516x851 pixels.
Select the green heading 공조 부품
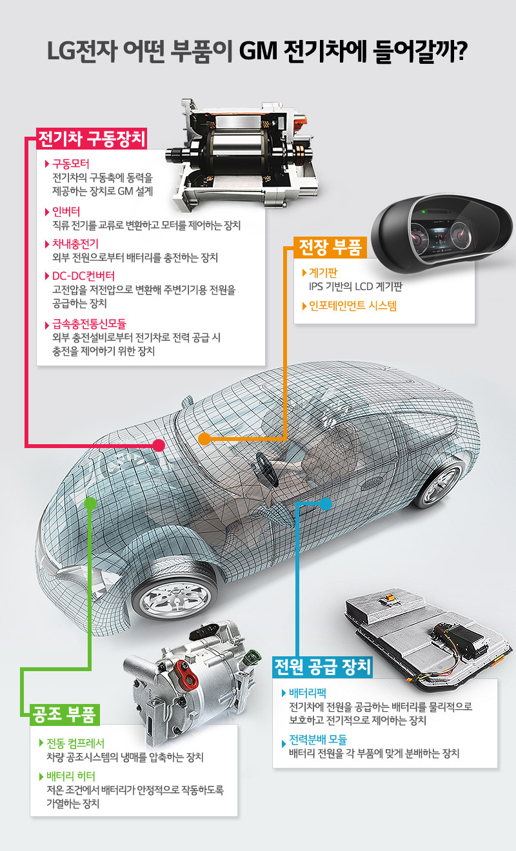tap(63, 714)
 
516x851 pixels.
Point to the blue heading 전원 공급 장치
tap(322, 666)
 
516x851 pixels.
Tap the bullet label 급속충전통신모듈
tap(90, 324)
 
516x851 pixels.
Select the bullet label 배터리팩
tap(309, 694)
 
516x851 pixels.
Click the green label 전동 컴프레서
tap(75, 742)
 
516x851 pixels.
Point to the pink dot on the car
tap(159, 445)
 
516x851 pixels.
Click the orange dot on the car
tap(204, 439)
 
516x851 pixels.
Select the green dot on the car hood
tap(90, 501)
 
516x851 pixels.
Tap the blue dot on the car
tap(326, 502)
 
